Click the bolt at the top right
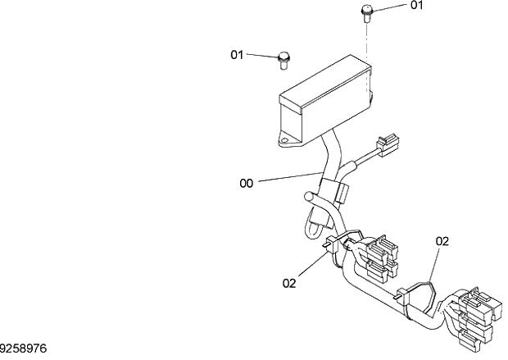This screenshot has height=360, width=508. pos(366,12)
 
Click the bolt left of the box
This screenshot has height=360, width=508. pos(283,57)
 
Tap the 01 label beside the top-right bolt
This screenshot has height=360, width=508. pos(417,5)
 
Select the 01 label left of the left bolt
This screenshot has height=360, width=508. pos(238,55)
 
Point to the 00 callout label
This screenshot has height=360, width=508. pos(247,184)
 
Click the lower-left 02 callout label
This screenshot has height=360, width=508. pos(289,283)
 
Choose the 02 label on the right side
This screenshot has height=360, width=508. pos(442,241)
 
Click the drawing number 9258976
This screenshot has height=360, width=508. pos(24,349)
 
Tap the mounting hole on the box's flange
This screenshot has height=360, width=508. pos(284,140)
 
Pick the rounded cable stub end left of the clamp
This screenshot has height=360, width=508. pos(310,198)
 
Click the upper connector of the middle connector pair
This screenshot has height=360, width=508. pos(382,249)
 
